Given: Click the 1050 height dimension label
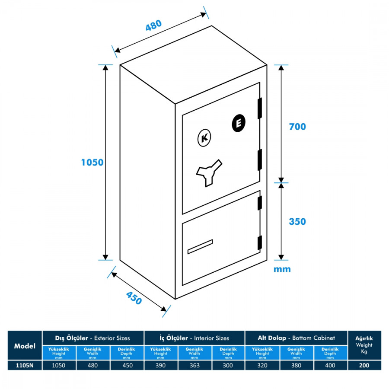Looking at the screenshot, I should (x=92, y=163).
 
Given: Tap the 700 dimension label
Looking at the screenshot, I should (x=297, y=127).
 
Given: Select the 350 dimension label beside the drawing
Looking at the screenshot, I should (x=297, y=222).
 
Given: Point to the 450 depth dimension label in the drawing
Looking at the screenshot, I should (x=134, y=298).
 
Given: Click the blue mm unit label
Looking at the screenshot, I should (x=282, y=269).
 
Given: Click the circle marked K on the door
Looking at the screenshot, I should (x=204, y=138).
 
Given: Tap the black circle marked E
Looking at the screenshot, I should (x=238, y=124).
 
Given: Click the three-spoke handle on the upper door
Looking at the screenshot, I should (x=208, y=172).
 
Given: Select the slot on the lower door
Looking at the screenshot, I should (x=200, y=246).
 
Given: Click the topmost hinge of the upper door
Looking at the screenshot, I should (x=260, y=108).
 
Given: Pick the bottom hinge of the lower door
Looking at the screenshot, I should (x=260, y=243).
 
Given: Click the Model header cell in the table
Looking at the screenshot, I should (x=25, y=346).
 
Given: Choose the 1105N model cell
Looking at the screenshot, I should (x=25, y=366).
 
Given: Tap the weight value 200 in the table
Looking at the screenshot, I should (x=364, y=366).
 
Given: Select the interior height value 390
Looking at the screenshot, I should (x=160, y=366).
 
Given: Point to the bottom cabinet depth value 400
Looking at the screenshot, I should (x=330, y=366).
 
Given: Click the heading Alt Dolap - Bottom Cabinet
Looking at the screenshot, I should (x=296, y=338).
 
